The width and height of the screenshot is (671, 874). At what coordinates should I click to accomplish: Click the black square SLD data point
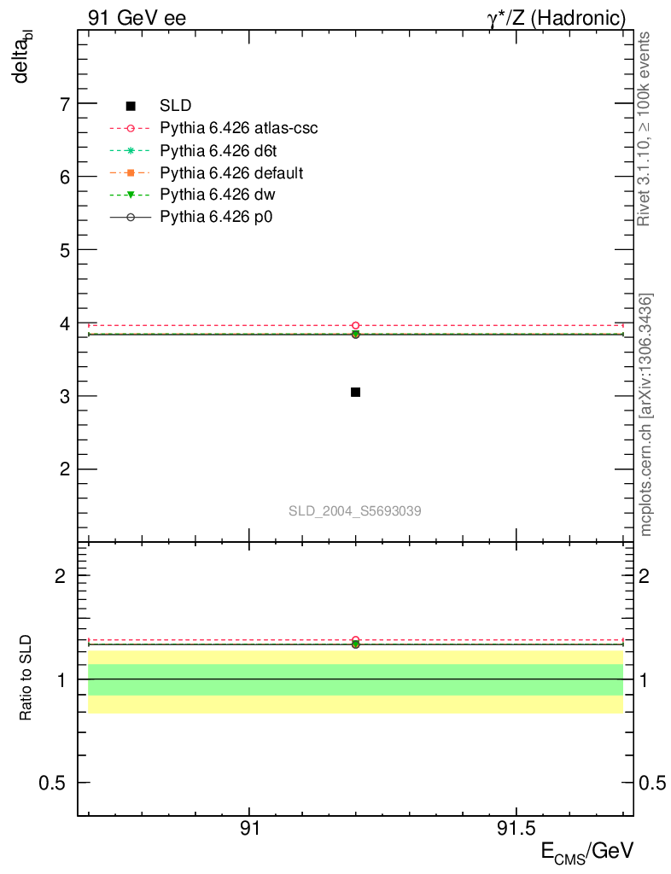355,392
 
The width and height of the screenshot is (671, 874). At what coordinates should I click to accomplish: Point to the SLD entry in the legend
175,106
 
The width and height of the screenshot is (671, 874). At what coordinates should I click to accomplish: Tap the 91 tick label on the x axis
248,829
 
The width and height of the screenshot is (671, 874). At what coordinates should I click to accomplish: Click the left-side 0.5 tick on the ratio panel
53,783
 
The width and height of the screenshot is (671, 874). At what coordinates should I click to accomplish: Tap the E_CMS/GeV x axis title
587,852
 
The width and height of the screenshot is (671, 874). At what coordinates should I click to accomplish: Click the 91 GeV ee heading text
137,17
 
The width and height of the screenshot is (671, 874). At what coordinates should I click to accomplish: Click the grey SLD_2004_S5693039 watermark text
354,511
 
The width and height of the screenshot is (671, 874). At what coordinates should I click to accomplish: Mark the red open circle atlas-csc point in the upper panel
355,325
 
